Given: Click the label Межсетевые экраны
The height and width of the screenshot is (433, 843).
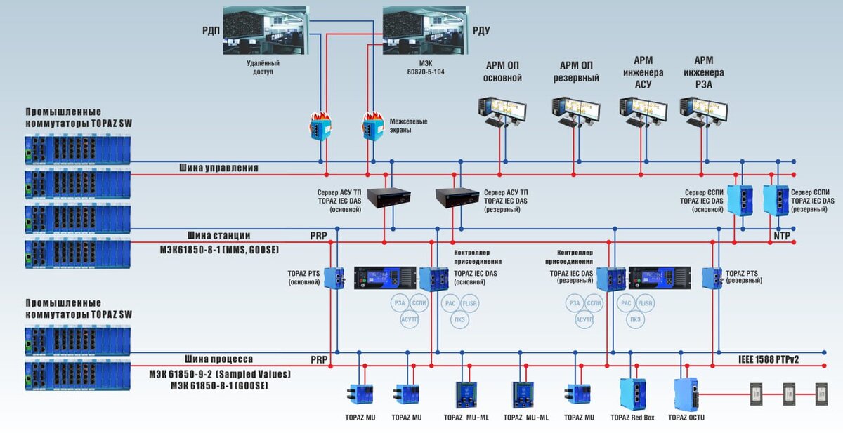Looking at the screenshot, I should click(409, 126).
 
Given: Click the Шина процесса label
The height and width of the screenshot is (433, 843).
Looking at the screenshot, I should click(218, 359).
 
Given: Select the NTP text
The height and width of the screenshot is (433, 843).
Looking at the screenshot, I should click(781, 237).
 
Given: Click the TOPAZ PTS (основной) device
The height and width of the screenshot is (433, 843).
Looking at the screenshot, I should click(334, 278).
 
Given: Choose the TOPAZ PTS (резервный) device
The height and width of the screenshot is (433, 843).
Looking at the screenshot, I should click(712, 278).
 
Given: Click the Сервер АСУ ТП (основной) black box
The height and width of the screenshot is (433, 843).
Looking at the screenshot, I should click(384, 199).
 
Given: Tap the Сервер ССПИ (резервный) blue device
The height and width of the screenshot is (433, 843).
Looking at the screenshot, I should click(776, 199).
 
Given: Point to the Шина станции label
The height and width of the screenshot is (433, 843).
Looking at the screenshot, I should click(218, 235).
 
